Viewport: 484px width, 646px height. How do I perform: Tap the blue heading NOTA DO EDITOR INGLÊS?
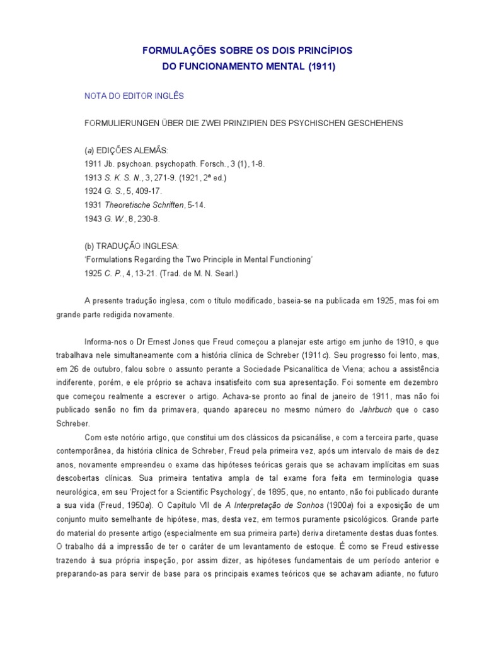[x=134, y=96]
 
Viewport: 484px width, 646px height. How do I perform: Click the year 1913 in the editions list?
[x=93, y=178]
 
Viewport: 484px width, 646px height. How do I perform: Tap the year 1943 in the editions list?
[x=93, y=219]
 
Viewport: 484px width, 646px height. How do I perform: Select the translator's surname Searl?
[x=224, y=273]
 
